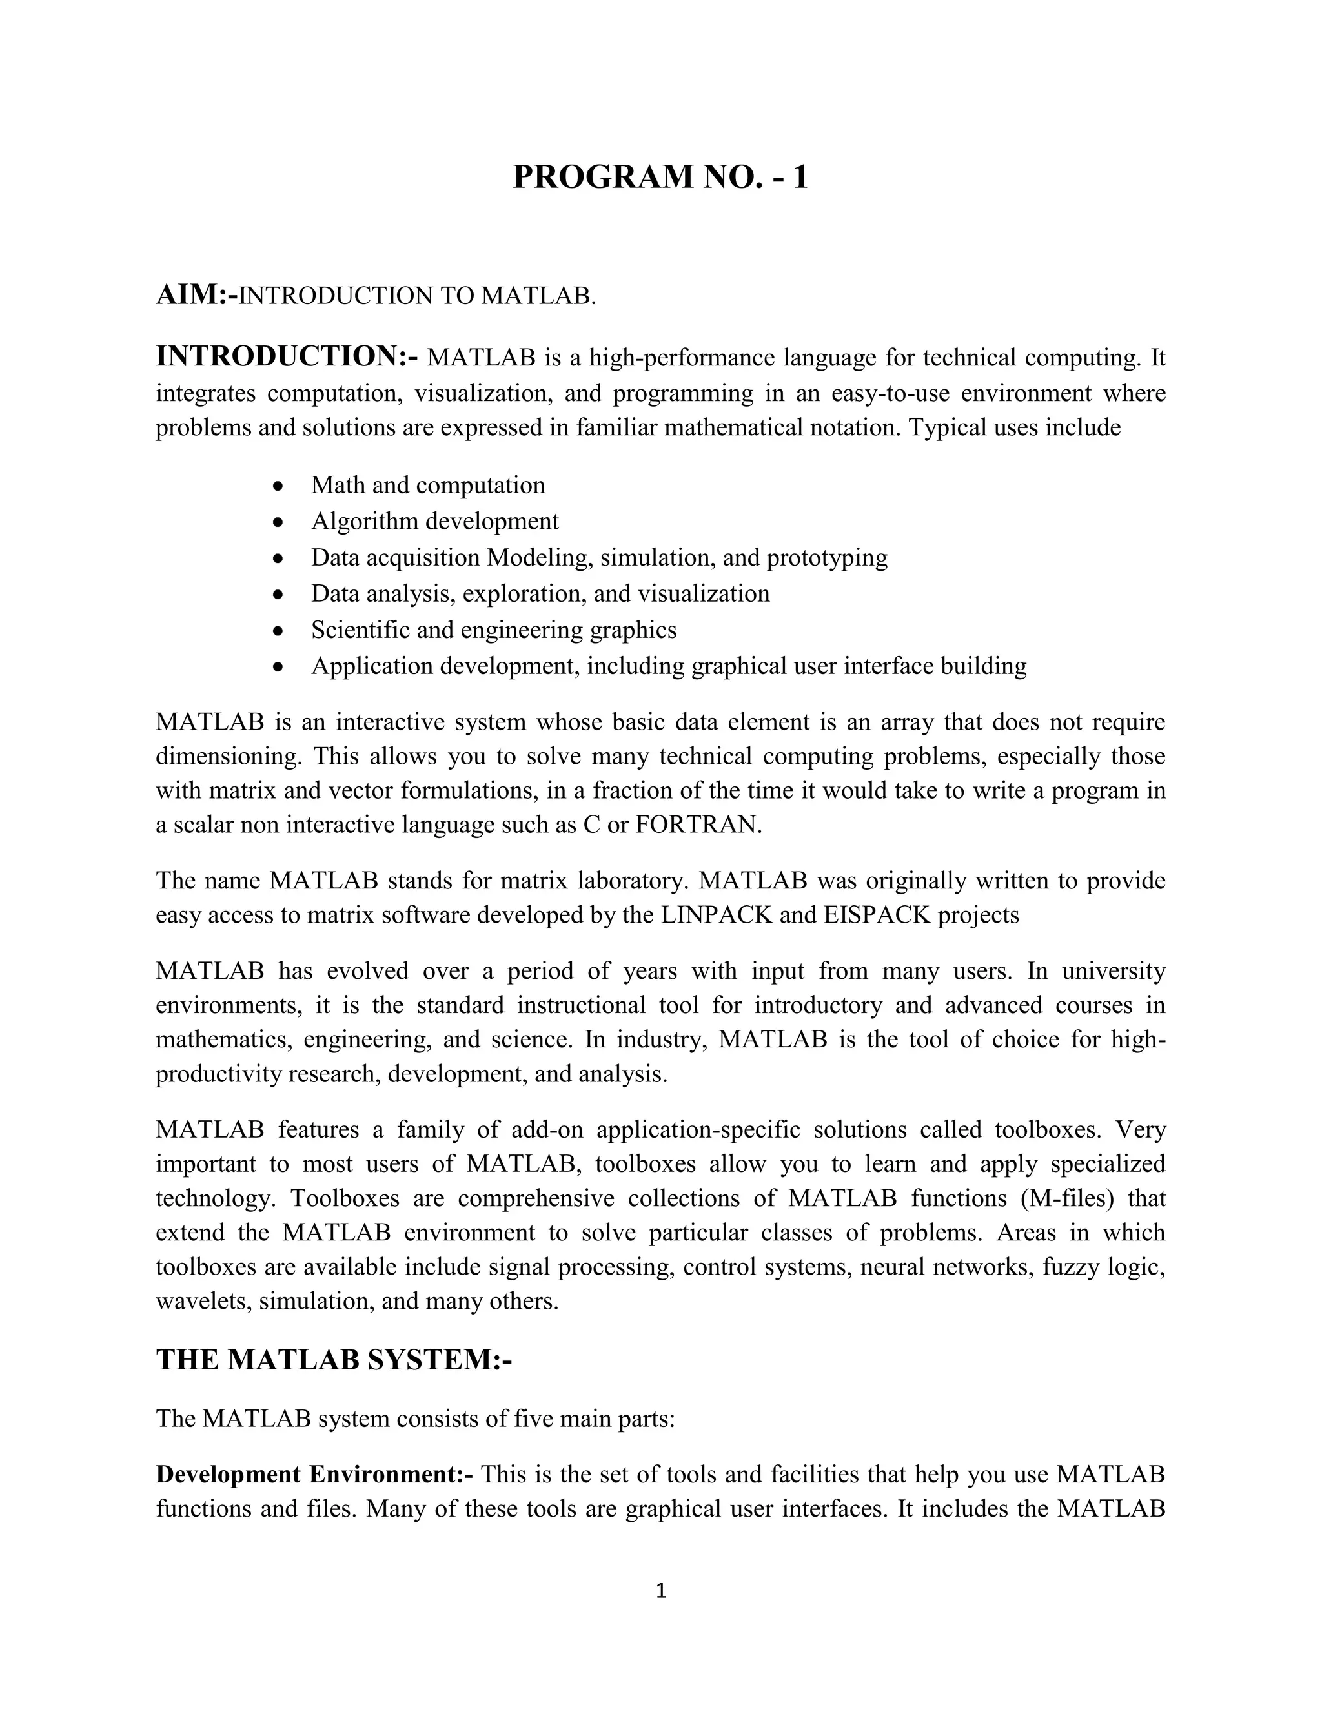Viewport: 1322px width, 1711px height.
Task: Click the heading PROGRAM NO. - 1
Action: (x=660, y=177)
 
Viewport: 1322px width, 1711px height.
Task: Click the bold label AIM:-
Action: (x=196, y=295)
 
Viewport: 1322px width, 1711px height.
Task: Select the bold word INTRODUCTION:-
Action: (x=287, y=356)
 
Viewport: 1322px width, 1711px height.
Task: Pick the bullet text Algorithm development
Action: (x=434, y=521)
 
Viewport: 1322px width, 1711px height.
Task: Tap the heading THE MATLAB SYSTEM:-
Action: (x=334, y=1359)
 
